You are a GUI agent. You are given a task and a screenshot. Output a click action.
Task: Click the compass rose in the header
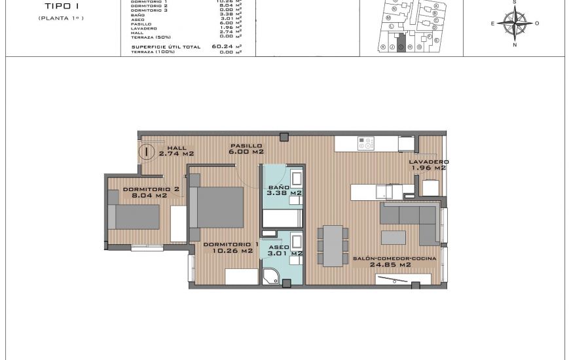click(515, 24)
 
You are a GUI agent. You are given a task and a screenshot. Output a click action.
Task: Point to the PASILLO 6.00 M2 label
click(246, 149)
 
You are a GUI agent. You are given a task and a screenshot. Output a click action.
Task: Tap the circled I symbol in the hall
click(147, 153)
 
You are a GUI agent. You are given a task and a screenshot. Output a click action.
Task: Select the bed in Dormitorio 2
click(134, 216)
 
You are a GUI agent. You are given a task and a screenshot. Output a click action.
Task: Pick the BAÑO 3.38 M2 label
click(284, 190)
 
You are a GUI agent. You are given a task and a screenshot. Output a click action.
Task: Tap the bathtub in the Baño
click(282, 218)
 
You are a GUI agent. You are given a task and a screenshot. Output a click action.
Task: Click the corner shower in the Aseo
click(271, 276)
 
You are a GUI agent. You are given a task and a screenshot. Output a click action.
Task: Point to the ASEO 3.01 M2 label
click(284, 250)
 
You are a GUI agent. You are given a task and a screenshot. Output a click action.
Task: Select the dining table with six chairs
click(333, 245)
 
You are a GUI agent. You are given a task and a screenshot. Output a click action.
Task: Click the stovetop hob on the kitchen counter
click(365, 143)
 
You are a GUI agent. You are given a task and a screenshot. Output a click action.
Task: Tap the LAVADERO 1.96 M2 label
click(429, 164)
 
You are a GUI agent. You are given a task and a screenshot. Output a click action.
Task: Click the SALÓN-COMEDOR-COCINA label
click(390, 262)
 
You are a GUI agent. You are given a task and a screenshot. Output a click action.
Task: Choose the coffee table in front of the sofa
click(394, 237)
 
